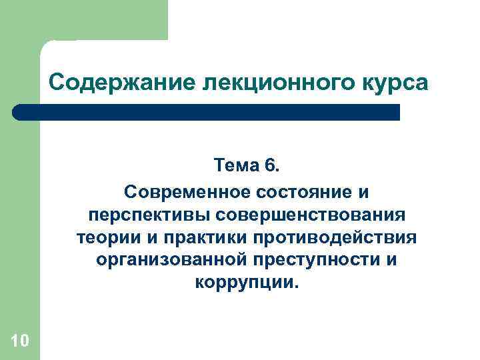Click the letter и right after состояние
pos(363,193)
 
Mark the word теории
pos(102,238)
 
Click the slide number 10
pos(20,341)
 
